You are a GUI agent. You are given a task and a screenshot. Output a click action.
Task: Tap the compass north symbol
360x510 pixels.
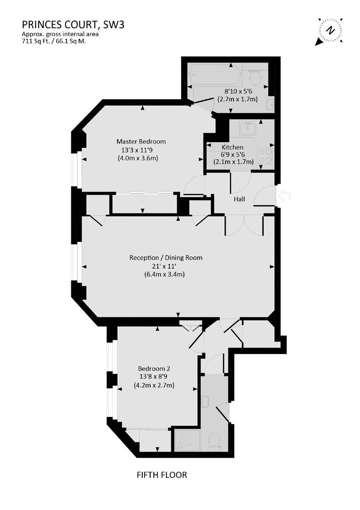click(331, 30)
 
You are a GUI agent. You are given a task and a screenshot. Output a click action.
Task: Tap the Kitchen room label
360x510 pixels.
click(232, 147)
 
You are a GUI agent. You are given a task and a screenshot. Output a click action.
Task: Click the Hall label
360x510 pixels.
click(240, 200)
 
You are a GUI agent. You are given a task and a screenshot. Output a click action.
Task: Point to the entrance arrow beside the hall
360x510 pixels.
click(285, 196)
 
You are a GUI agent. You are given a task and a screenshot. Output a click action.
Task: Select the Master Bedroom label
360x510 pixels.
click(141, 141)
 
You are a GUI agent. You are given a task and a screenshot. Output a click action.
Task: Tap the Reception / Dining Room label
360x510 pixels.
click(166, 258)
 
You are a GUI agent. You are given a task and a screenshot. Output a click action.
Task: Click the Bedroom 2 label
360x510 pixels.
click(154, 368)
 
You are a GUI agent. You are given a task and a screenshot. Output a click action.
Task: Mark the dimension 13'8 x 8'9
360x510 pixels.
click(154, 377)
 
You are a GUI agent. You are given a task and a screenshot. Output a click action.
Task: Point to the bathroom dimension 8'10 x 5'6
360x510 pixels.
click(237, 92)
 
